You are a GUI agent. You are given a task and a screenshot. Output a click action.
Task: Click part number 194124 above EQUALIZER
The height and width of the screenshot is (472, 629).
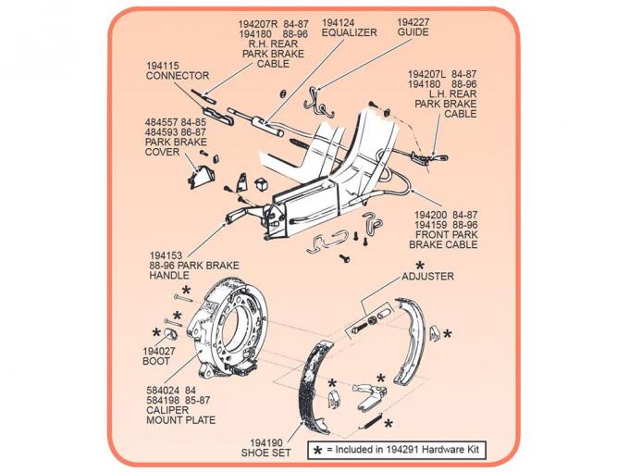337,20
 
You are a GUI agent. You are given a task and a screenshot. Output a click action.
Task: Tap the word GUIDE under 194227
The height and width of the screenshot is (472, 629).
413,31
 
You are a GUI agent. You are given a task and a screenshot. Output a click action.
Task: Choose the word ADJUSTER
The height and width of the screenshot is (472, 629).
427,276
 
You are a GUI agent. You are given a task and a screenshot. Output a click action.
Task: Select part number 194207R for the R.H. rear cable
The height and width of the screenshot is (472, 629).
234,20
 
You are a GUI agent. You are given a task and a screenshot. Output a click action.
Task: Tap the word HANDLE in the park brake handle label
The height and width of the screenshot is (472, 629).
169,275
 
